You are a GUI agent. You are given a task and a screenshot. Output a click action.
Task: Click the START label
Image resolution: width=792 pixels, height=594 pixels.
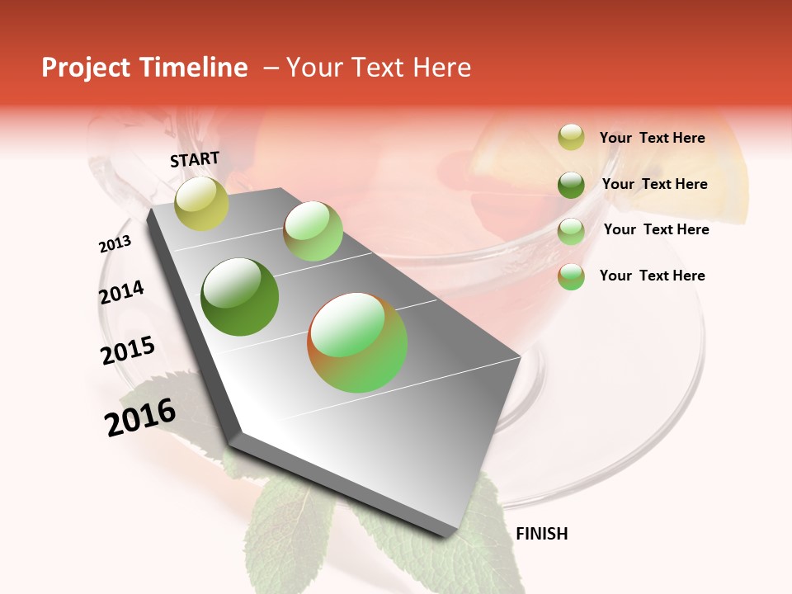pyautogui.click(x=195, y=159)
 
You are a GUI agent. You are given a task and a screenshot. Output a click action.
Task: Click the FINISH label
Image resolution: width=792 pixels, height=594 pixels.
pyautogui.click(x=541, y=534)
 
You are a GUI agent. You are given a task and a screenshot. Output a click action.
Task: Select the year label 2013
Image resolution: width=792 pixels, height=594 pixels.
pyautogui.click(x=115, y=244)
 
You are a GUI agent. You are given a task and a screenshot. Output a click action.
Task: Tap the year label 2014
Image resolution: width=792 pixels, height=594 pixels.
pyautogui.click(x=121, y=293)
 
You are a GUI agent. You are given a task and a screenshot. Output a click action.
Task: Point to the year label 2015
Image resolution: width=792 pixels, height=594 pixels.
pyautogui.click(x=128, y=351)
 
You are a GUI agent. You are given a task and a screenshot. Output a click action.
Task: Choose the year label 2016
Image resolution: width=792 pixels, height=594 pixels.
pyautogui.click(x=140, y=417)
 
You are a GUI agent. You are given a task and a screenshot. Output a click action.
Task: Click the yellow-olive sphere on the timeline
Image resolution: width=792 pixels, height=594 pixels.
pyautogui.click(x=202, y=204)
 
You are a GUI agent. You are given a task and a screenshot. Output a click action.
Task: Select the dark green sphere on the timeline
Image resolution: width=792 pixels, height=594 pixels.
pyautogui.click(x=240, y=297)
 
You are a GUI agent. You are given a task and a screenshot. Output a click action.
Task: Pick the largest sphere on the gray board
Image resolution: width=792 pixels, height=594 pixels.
pyautogui.click(x=357, y=342)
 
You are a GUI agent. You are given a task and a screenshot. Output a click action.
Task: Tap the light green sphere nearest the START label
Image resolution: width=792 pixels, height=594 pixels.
pyautogui.click(x=313, y=231)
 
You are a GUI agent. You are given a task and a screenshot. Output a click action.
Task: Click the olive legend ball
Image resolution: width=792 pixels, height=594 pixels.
pyautogui.click(x=571, y=138)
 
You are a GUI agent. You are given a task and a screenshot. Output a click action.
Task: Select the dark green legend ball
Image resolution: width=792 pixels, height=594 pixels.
pyautogui.click(x=571, y=185)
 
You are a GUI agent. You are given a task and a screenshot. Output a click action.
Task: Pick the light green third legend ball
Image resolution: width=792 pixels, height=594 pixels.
pyautogui.click(x=571, y=231)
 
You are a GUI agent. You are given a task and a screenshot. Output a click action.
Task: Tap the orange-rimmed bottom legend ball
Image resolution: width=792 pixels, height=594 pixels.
pyautogui.click(x=571, y=276)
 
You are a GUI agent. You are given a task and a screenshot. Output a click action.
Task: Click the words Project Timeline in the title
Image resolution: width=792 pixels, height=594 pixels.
pyautogui.click(x=144, y=68)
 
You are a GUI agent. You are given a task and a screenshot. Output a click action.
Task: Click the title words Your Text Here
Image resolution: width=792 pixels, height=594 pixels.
pyautogui.click(x=378, y=68)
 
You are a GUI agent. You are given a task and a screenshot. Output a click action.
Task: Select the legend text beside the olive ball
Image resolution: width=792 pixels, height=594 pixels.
pyautogui.click(x=652, y=138)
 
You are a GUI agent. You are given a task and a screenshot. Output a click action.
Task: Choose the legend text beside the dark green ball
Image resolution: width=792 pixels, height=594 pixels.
pyautogui.click(x=654, y=184)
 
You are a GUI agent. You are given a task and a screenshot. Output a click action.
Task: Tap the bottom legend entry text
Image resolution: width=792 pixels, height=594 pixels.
pyautogui.click(x=652, y=276)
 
